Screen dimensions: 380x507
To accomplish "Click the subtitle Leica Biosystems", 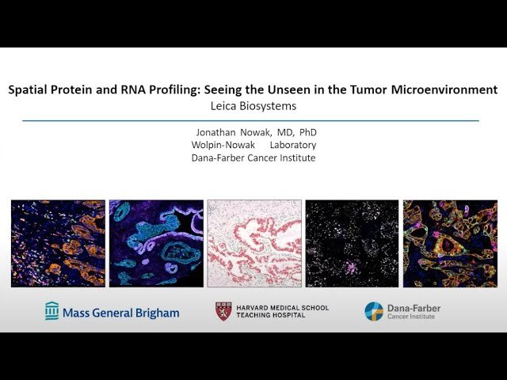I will [x=253, y=104].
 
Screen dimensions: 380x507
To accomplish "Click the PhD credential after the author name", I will [x=305, y=131].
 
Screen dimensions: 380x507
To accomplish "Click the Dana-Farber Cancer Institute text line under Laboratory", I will [x=253, y=158].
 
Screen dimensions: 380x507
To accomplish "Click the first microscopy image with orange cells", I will [x=58, y=243].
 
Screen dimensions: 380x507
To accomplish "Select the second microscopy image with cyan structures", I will [x=155, y=243].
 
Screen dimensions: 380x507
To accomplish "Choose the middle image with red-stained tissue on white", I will [x=253, y=243].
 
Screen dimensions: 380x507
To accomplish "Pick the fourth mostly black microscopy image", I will [x=352, y=243].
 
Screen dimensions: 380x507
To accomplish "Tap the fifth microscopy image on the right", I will [x=449, y=243].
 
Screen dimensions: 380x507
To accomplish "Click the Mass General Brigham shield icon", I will [x=52, y=311].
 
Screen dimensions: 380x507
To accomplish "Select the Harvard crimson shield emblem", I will [x=223, y=312].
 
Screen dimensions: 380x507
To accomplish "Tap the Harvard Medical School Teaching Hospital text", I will [x=282, y=311].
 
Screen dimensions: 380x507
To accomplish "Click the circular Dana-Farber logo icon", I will [x=373, y=311].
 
